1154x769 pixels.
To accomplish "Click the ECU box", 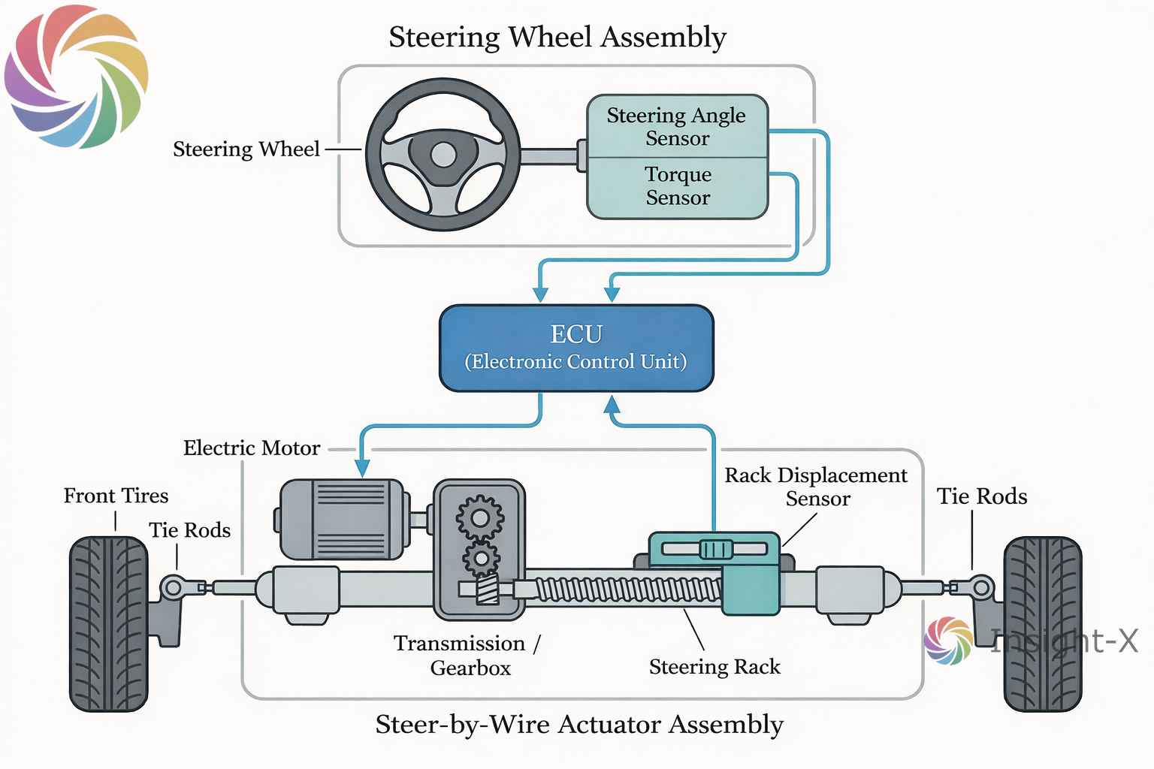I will point(576,348).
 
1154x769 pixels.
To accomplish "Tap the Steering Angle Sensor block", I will point(677,126).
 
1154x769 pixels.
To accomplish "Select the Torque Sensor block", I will point(677,186).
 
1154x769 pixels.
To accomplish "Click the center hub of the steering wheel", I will point(443,155).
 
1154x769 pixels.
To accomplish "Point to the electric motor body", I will point(342,519).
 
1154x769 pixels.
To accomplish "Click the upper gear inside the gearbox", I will point(479,517).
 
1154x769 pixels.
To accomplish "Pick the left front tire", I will point(108,623).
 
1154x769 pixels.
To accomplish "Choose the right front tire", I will point(1043,623).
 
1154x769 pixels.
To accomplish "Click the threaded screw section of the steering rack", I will point(624,590).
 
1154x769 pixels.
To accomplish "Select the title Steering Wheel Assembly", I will point(557,37).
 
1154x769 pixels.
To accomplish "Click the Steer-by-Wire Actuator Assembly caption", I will point(579,725).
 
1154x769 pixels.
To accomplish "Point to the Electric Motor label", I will point(252,448).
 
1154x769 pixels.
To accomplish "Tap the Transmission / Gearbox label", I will point(467,656).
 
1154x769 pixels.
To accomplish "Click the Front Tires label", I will point(116,496).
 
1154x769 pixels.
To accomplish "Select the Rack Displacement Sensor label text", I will point(816,487).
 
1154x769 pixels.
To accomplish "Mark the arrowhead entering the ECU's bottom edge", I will point(612,405).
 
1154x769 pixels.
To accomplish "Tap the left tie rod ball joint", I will point(173,587).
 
